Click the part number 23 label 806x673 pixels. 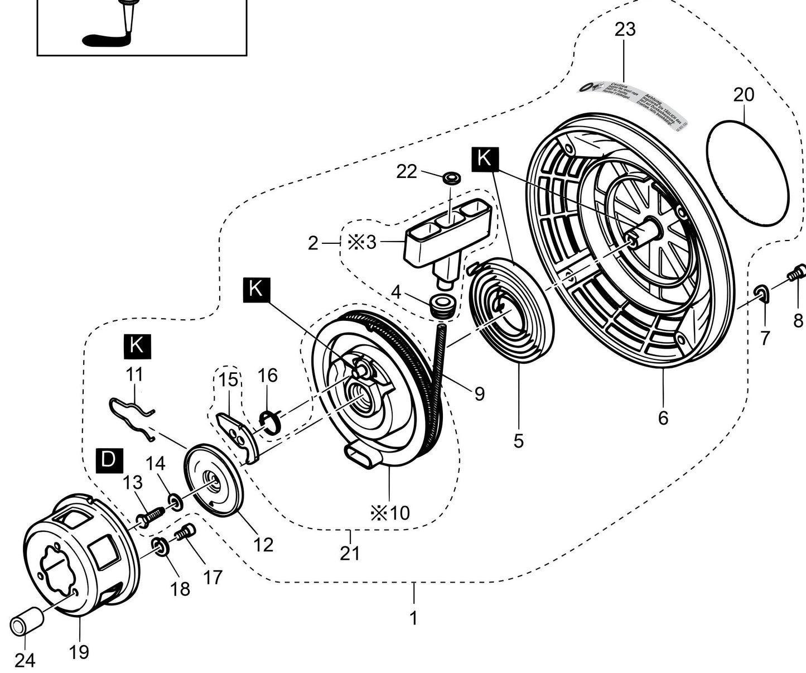click(625, 30)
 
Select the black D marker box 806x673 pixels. click(108, 459)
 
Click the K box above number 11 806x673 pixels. click(135, 345)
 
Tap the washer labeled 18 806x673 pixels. click(158, 546)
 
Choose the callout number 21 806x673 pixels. click(350, 553)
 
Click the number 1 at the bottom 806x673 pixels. click(413, 618)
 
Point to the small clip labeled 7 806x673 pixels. click(761, 292)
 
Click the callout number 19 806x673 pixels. click(79, 651)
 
